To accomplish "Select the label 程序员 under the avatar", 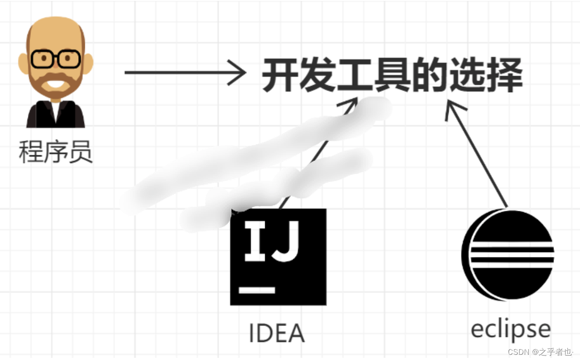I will pos(56,152).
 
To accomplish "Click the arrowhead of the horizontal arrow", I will pos(238,73).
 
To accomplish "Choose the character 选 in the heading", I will pos(467,77).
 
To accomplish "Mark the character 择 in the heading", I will pos(504,77).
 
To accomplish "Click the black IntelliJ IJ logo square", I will pos(278,257).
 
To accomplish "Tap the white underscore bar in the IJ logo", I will pos(257,290).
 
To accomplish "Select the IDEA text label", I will pos(277,333).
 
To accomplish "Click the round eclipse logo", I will pos(508,254).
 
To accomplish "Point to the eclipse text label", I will pos(510,329).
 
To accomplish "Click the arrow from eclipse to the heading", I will pos(478,157).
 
